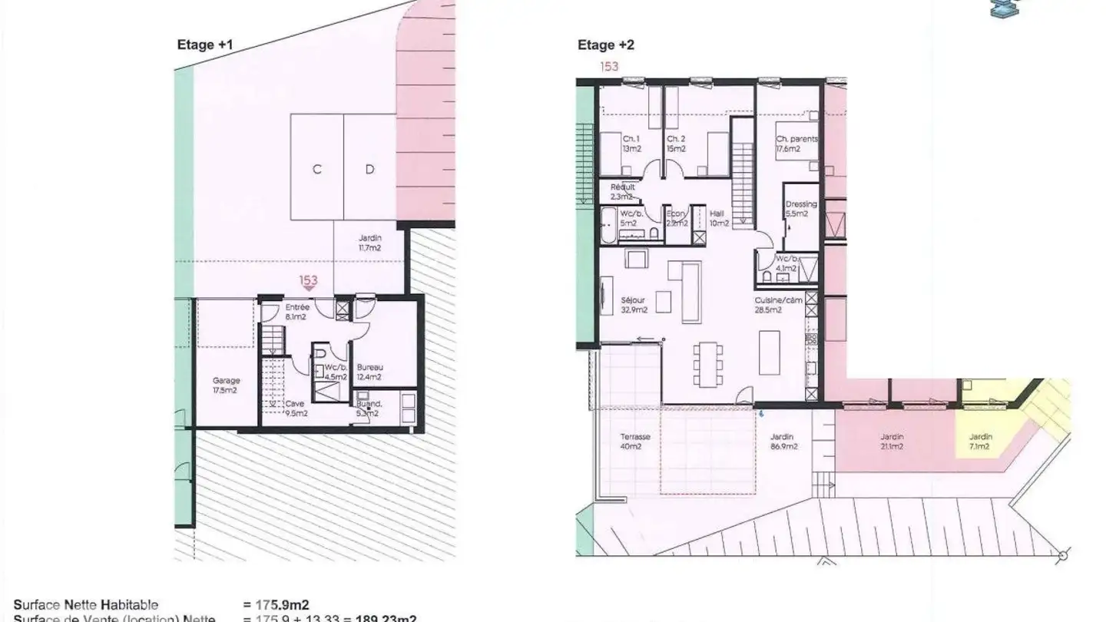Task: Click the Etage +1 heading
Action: pyautogui.click(x=205, y=45)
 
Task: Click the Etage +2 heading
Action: pyautogui.click(x=606, y=45)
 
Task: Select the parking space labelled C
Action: pyautogui.click(x=316, y=170)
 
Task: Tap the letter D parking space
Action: pyautogui.click(x=369, y=170)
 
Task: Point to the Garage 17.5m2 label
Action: pyautogui.click(x=226, y=385)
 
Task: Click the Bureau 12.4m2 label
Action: pyautogui.click(x=369, y=372)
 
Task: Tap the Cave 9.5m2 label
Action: pyautogui.click(x=296, y=408)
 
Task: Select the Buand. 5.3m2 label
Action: pyautogui.click(x=367, y=408)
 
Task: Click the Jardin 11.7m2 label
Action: pyautogui.click(x=369, y=243)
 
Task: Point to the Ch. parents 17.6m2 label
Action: pyautogui.click(x=796, y=144)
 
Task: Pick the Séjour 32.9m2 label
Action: pyautogui.click(x=634, y=305)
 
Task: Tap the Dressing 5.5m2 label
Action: pyautogui.click(x=800, y=209)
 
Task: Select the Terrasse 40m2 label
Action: pyautogui.click(x=634, y=441)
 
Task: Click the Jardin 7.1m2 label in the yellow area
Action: pyautogui.click(x=980, y=441)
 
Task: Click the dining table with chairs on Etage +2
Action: pyautogui.click(x=707, y=366)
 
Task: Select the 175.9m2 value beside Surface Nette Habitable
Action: pyautogui.click(x=276, y=605)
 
